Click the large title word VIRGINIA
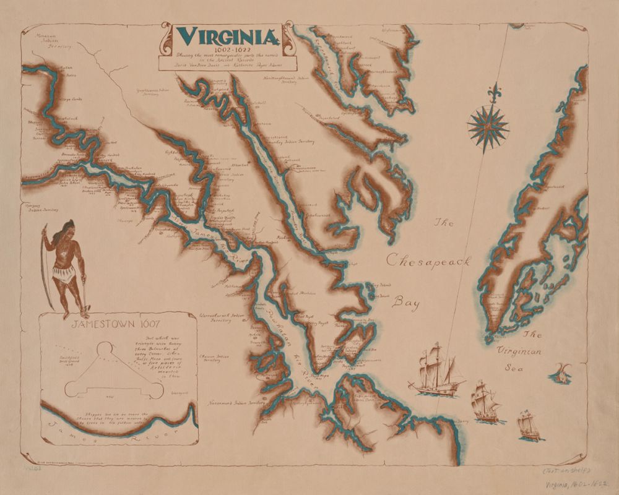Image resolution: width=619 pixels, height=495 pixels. [227, 37]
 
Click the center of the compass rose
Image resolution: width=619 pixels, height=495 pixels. [488, 126]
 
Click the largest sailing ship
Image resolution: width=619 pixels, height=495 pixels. [436, 370]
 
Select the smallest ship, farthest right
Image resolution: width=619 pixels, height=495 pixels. [528, 423]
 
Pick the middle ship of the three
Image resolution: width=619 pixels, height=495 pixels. [485, 401]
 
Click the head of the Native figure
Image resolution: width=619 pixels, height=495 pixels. [67, 226]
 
